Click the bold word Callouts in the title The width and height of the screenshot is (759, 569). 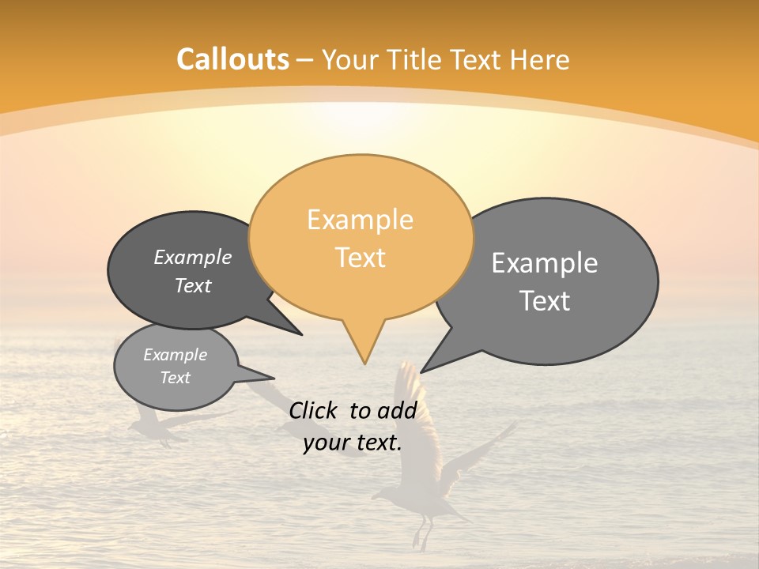tap(232, 60)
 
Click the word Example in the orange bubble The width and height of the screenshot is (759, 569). tap(360, 220)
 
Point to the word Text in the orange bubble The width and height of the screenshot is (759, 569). tap(361, 258)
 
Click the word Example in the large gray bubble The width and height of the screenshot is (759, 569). tap(545, 263)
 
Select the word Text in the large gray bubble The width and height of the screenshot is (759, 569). tap(546, 301)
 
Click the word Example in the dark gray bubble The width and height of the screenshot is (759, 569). tap(193, 257)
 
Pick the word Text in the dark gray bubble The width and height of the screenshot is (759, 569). tap(193, 285)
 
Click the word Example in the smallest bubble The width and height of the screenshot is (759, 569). tap(176, 355)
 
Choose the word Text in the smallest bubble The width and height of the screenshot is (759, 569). tap(176, 378)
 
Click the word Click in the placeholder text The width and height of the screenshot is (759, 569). tap(313, 410)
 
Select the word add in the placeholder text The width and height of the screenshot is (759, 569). tap(397, 410)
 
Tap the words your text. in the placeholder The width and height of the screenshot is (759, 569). tap(353, 443)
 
